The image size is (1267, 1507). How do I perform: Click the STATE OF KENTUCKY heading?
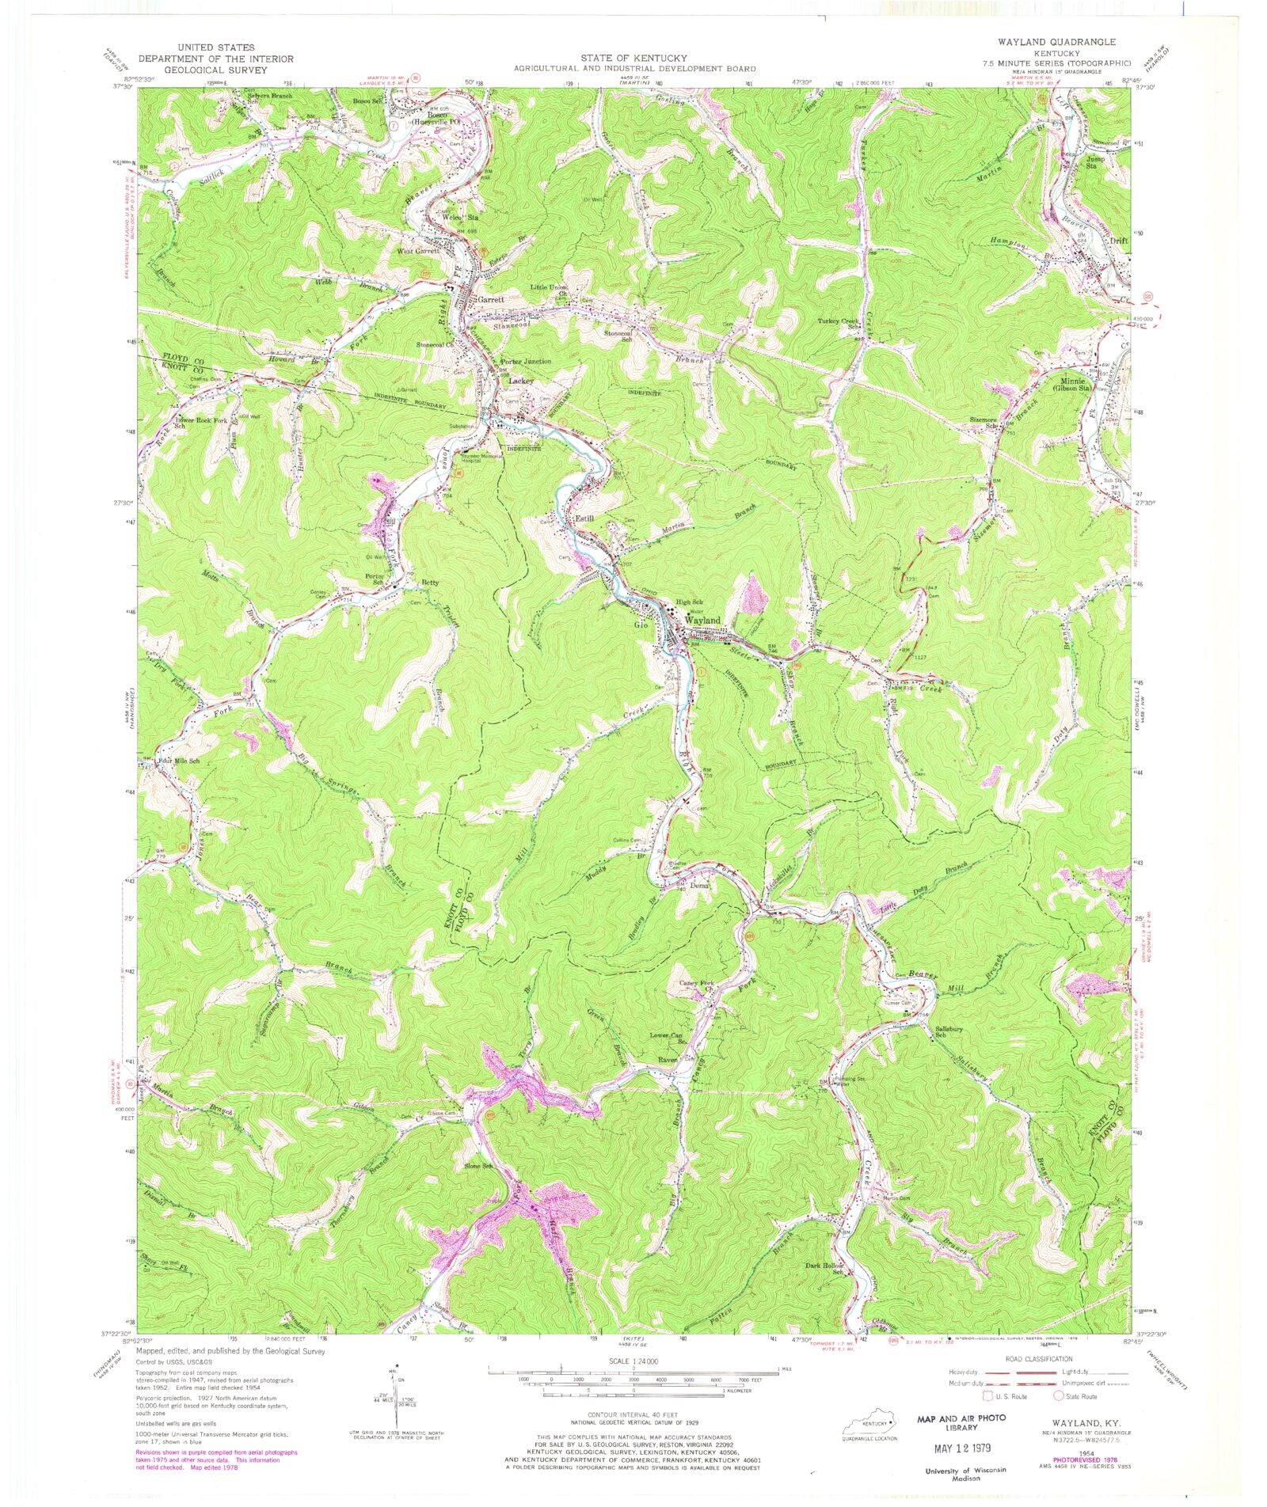click(633, 58)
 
